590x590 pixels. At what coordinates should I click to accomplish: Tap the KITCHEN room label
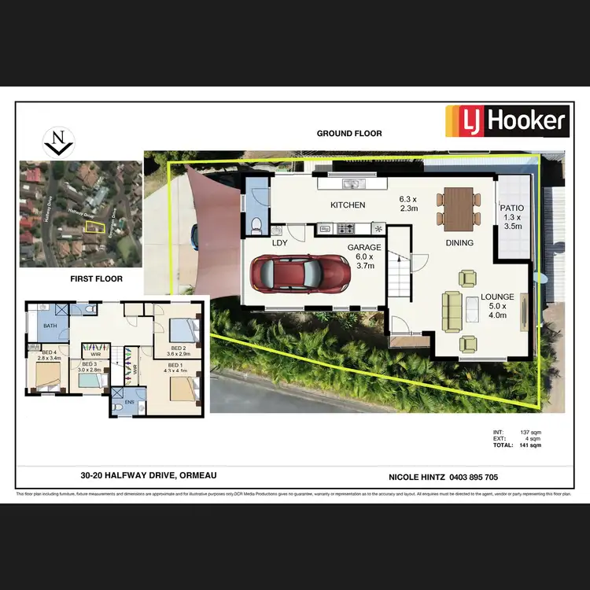347,205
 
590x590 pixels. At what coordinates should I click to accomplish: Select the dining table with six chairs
459,206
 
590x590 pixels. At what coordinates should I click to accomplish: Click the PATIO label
512,208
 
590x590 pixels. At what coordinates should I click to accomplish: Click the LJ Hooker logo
507,121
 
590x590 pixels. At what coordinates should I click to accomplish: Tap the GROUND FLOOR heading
349,134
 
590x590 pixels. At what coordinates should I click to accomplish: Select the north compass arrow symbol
57,142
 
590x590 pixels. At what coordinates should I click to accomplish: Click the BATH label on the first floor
50,326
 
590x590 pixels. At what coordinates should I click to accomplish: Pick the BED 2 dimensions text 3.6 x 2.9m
178,353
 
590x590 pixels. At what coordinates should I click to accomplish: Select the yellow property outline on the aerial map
93,227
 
